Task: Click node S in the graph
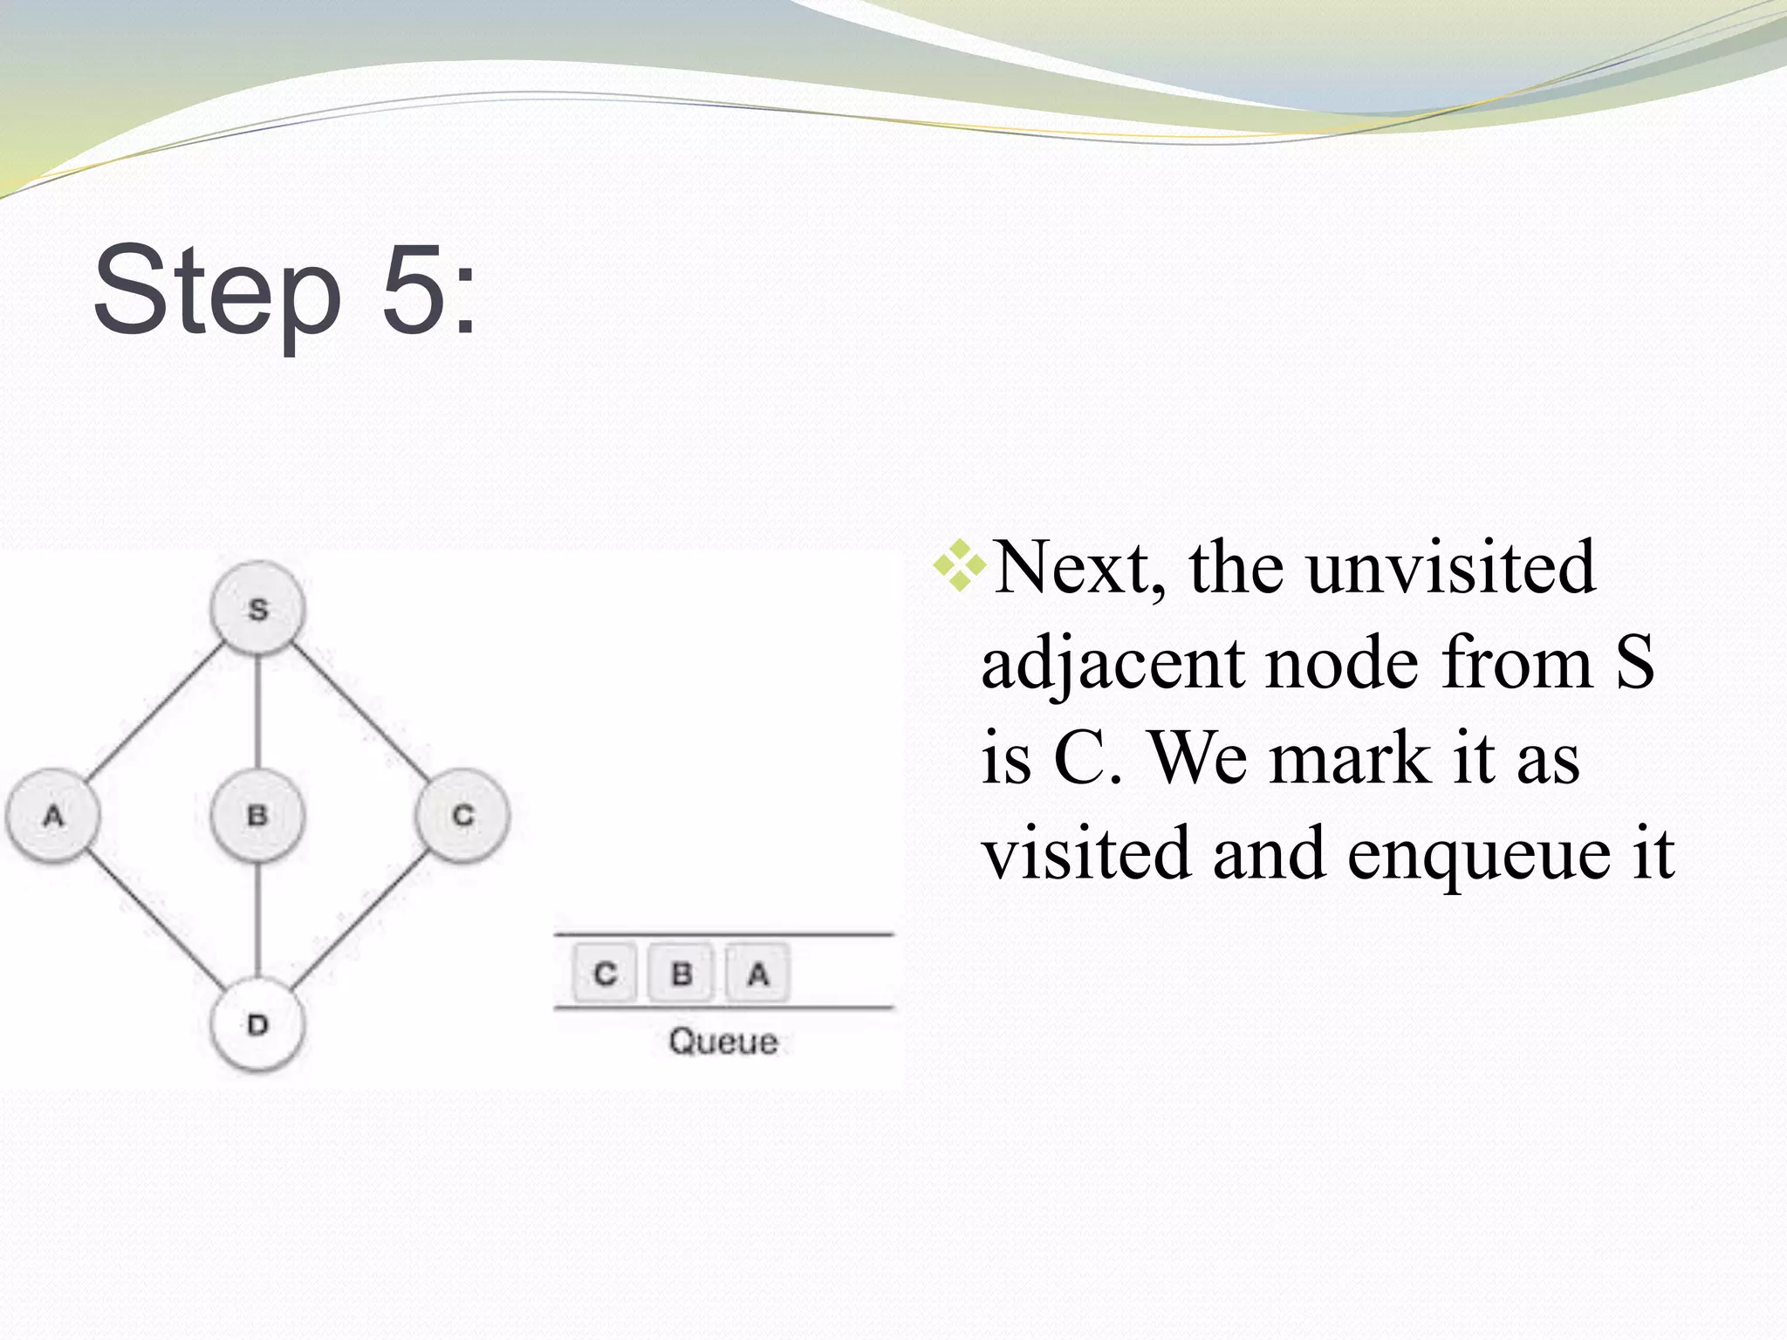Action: coord(258,608)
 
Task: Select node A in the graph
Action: coord(53,816)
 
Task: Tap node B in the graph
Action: coord(258,816)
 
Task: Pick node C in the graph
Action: coord(462,816)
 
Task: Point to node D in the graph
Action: coord(258,1023)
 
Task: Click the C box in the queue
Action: coord(606,973)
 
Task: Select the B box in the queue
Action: coord(681,973)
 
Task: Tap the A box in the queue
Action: coord(757,973)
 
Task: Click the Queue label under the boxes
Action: coord(722,1042)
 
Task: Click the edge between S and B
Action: coord(258,712)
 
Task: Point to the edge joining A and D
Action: coord(155,920)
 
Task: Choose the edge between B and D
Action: coord(258,920)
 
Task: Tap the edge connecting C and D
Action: coord(359,920)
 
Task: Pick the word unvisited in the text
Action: coord(1450,568)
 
